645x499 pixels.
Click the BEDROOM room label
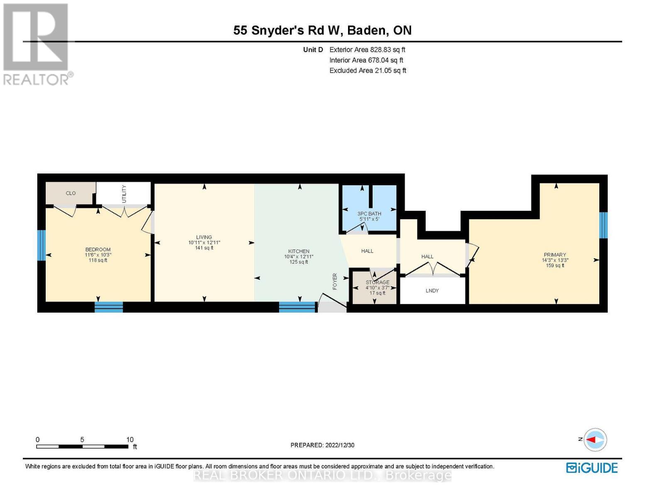[98, 250]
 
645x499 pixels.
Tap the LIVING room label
[204, 237]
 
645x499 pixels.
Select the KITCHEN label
[299, 252]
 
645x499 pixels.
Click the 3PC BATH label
[369, 214]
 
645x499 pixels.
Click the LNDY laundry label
[432, 291]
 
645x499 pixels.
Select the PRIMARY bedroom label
[554, 255]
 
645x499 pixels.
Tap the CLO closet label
[71, 193]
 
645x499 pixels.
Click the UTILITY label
[124, 194]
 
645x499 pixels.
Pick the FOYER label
[335, 282]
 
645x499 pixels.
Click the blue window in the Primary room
[603, 225]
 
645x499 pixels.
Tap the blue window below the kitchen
[297, 307]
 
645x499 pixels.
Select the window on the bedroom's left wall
[41, 245]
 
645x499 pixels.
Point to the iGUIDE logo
[592, 468]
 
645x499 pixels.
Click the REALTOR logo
[37, 44]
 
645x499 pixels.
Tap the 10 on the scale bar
[130, 440]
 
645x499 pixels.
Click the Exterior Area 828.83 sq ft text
[367, 49]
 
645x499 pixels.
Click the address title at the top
[322, 30]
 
